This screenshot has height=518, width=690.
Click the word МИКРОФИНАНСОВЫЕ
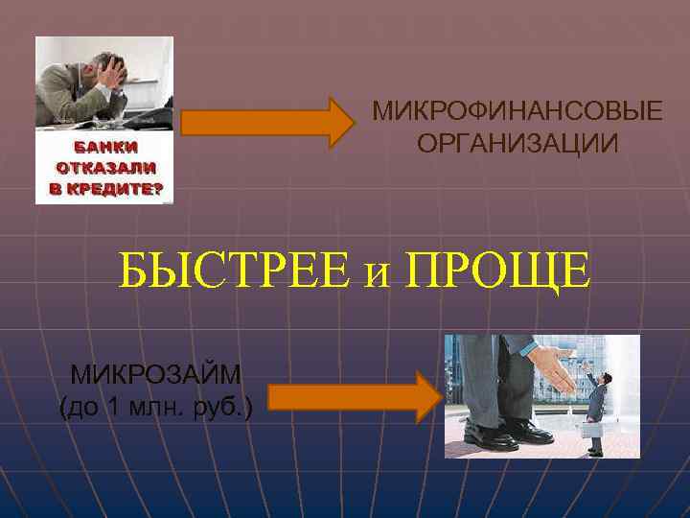tap(517, 110)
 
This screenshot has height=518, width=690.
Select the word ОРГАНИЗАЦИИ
tap(517, 144)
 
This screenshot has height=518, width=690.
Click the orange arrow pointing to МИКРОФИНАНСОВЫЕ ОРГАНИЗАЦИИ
tap(267, 122)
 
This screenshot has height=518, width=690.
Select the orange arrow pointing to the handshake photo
tap(354, 397)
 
